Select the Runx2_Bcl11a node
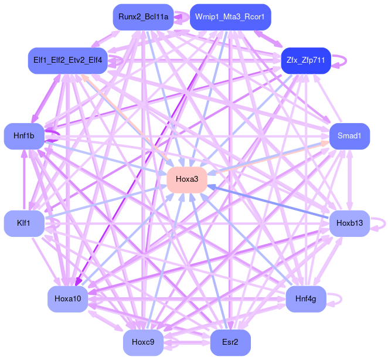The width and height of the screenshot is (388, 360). (x=143, y=17)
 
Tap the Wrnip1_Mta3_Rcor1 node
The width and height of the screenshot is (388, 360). (x=230, y=17)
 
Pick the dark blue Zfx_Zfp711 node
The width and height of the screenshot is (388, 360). (x=306, y=60)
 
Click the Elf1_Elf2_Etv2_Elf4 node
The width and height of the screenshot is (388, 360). (x=67, y=60)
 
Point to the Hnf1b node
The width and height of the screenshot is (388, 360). (x=24, y=136)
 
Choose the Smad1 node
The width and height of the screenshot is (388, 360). (x=349, y=136)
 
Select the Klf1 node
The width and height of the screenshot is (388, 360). (x=24, y=223)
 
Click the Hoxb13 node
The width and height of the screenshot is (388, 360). (x=349, y=223)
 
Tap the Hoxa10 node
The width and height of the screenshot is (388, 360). (x=67, y=299)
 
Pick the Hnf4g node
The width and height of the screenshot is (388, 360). (x=306, y=299)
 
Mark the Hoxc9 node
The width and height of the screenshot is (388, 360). (x=143, y=342)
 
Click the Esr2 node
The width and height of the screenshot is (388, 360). (x=230, y=342)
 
